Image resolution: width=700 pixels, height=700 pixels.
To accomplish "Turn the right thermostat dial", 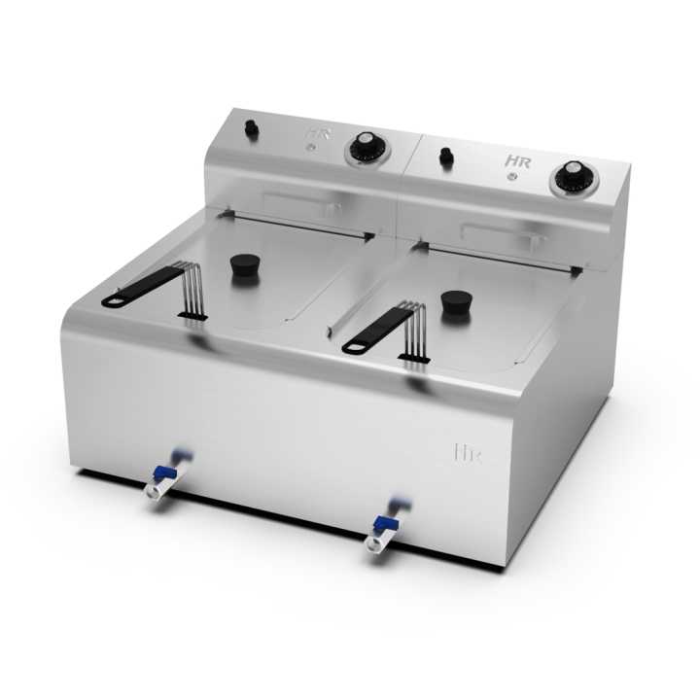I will [571, 178].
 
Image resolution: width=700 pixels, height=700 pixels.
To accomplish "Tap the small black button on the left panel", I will [249, 127].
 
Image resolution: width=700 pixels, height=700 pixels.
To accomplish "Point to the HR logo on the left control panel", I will [313, 134].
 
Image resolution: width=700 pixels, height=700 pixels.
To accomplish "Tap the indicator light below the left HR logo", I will [310, 148].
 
